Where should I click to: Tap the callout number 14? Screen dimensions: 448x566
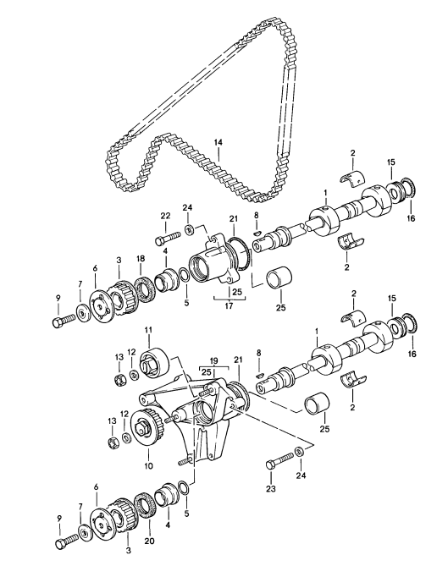218,143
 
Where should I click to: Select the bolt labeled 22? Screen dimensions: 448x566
168,238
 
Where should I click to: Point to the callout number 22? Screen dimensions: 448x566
165,216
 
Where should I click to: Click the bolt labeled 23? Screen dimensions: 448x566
279,460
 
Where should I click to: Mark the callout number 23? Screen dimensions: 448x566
271,488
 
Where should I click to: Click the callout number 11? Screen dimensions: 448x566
149,330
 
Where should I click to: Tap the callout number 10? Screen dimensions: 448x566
148,465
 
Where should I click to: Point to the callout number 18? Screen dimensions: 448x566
141,258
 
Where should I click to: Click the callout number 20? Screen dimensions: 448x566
149,541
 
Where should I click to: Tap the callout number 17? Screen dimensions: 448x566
229,306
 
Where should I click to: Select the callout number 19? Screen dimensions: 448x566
213,360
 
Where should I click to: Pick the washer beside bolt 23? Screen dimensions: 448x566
300,451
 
